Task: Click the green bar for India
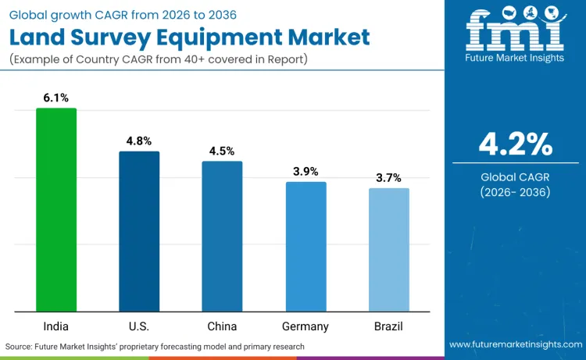[56, 209]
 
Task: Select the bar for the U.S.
[139, 231]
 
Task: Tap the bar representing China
[223, 236]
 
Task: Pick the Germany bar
[306, 246]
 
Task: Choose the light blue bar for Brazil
[389, 249]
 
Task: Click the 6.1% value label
[56, 98]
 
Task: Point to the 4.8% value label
[140, 141]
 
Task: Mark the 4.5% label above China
[223, 151]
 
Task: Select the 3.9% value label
[306, 171]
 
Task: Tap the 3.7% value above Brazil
[389, 177]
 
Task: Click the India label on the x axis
[56, 326]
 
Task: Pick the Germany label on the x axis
[306, 326]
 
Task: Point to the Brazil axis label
[389, 326]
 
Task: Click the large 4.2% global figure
[516, 144]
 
